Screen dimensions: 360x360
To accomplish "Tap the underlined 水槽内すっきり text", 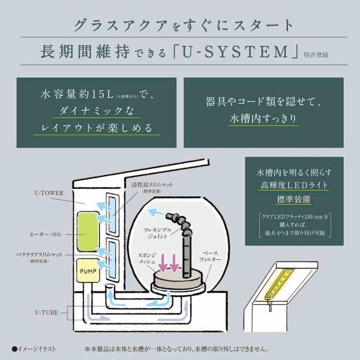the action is tap(263, 119).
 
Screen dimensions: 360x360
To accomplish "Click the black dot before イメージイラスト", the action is tap(14, 348).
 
